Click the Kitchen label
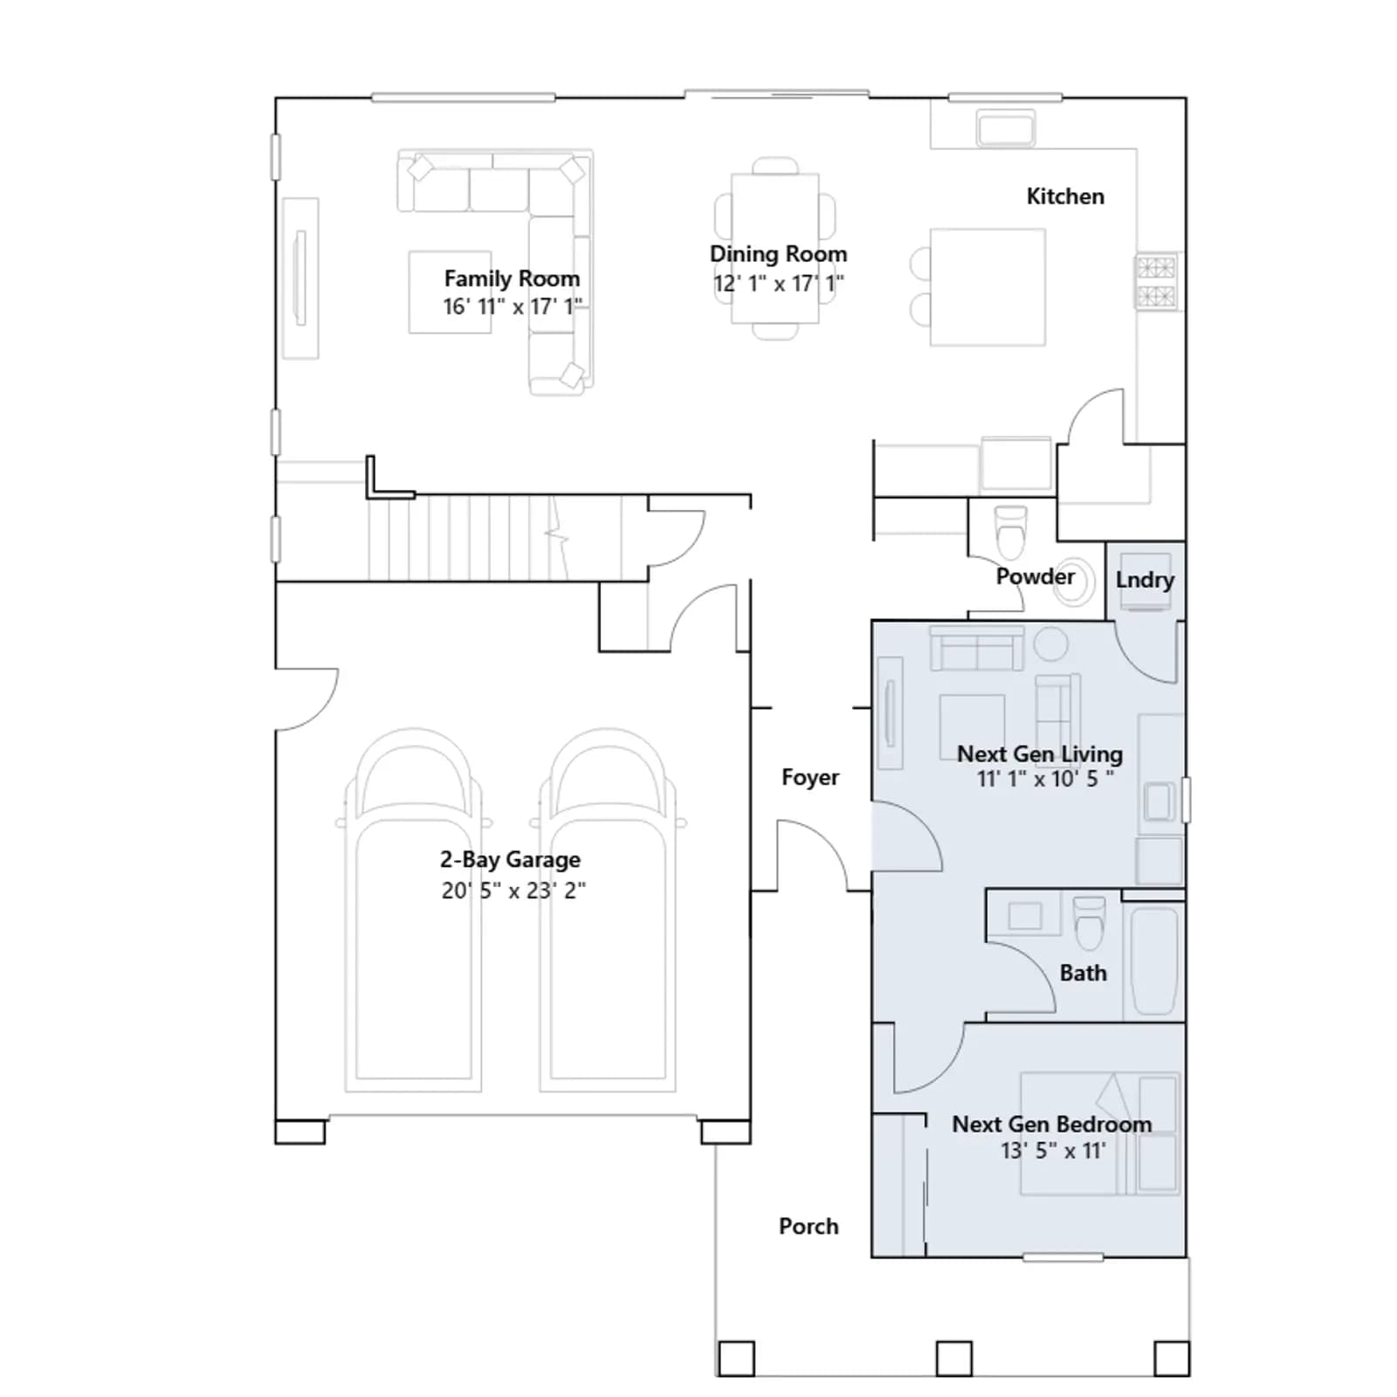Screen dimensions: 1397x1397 [1065, 196]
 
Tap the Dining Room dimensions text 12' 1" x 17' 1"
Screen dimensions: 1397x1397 [778, 284]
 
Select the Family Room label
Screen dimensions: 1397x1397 [512, 279]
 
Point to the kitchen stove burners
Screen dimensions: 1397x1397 [1156, 281]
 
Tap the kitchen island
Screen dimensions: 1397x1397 [988, 287]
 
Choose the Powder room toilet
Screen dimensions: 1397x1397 [1011, 532]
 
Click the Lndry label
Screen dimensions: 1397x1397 [1145, 580]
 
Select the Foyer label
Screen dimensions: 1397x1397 [810, 777]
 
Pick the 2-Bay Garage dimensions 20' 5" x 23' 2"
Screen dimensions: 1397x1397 [513, 891]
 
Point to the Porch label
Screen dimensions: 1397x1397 [809, 1226]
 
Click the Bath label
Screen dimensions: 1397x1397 [1083, 973]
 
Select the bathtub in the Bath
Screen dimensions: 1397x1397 [1153, 961]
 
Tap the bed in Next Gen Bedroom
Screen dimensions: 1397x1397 [1100, 1133]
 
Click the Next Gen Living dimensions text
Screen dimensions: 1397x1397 [1045, 779]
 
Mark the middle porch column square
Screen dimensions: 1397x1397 [954, 1359]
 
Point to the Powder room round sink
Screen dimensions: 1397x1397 [1073, 582]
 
